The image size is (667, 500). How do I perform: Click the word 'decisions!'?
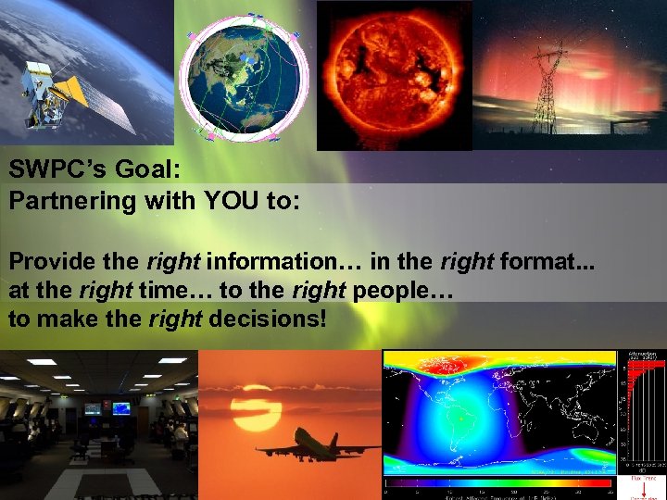(270, 319)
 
